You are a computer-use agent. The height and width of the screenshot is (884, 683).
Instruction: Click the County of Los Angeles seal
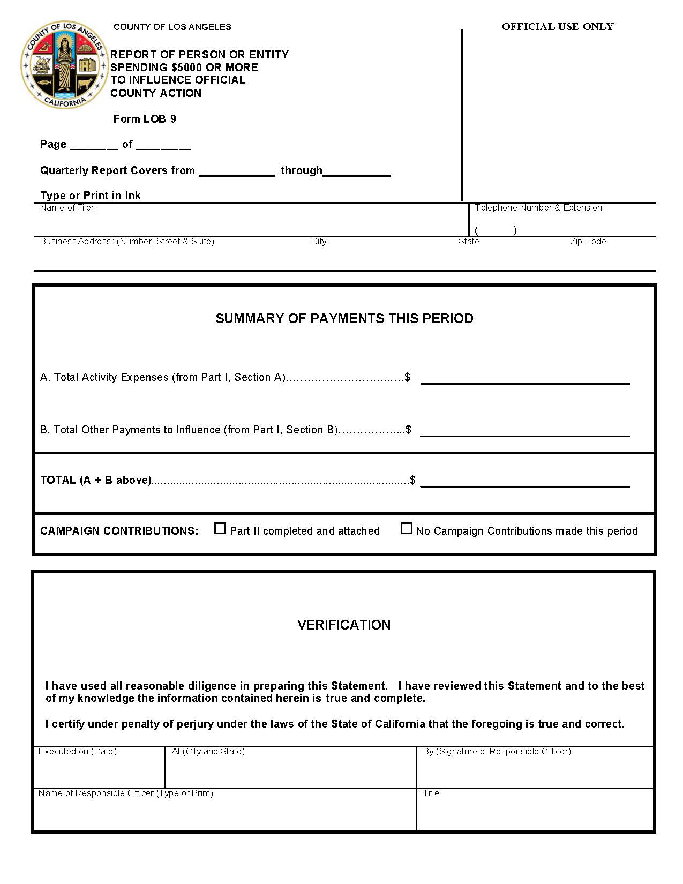64,65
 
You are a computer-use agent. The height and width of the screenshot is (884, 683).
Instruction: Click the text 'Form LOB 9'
145,119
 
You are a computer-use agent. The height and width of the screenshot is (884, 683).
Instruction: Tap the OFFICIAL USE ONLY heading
557,27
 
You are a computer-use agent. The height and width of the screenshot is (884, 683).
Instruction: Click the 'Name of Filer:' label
67,208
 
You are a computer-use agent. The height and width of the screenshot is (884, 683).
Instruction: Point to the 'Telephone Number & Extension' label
538,208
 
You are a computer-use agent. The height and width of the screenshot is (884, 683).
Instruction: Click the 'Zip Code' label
588,242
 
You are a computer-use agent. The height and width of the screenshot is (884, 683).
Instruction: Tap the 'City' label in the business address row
319,242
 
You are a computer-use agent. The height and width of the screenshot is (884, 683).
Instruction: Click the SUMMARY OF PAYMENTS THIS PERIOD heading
344,319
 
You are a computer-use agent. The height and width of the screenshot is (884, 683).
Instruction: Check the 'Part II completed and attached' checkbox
220,529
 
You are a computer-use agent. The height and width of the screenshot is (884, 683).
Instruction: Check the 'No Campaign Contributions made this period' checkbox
407,529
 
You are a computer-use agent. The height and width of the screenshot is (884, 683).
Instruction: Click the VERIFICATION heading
344,625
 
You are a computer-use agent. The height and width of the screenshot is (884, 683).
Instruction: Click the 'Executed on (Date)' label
77,752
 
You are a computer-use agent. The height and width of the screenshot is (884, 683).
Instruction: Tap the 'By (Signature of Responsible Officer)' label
497,752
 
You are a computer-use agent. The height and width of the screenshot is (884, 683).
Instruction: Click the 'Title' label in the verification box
431,793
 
